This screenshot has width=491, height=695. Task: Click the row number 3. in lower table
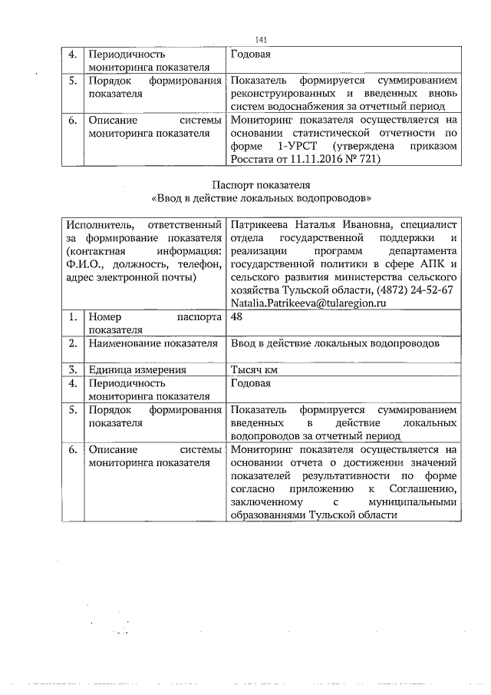tap(73, 369)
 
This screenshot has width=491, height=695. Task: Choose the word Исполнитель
tap(96, 223)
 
